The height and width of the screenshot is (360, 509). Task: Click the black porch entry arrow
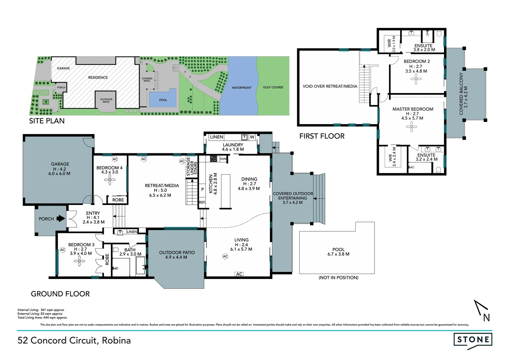tap(60, 219)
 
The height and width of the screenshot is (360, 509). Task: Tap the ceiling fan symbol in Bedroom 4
tap(110, 180)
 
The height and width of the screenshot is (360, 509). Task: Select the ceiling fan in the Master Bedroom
tap(412, 126)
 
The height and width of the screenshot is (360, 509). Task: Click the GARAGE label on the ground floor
tap(60, 164)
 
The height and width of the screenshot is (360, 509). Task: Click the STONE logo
tap(473, 340)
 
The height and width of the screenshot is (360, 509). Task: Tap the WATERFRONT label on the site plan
tap(242, 88)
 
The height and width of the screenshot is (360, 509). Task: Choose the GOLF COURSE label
tap(273, 87)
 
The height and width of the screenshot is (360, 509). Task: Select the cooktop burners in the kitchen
tap(214, 159)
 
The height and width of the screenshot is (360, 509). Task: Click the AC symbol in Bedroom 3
tap(63, 250)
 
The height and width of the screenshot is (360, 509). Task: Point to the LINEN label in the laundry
tap(217, 137)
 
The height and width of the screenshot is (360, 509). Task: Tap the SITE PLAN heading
tap(47, 121)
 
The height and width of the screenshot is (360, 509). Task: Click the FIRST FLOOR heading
tap(322, 136)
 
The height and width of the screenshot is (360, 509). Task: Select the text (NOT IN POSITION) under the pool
tap(338, 277)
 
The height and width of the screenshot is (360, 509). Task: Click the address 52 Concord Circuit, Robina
tap(74, 340)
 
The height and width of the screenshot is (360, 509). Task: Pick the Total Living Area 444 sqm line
tap(42, 318)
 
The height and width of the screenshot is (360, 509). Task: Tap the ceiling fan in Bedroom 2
tap(416, 79)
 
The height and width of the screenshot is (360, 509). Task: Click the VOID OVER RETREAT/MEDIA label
tap(329, 86)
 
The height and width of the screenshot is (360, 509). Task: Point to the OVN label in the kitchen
tap(223, 159)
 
